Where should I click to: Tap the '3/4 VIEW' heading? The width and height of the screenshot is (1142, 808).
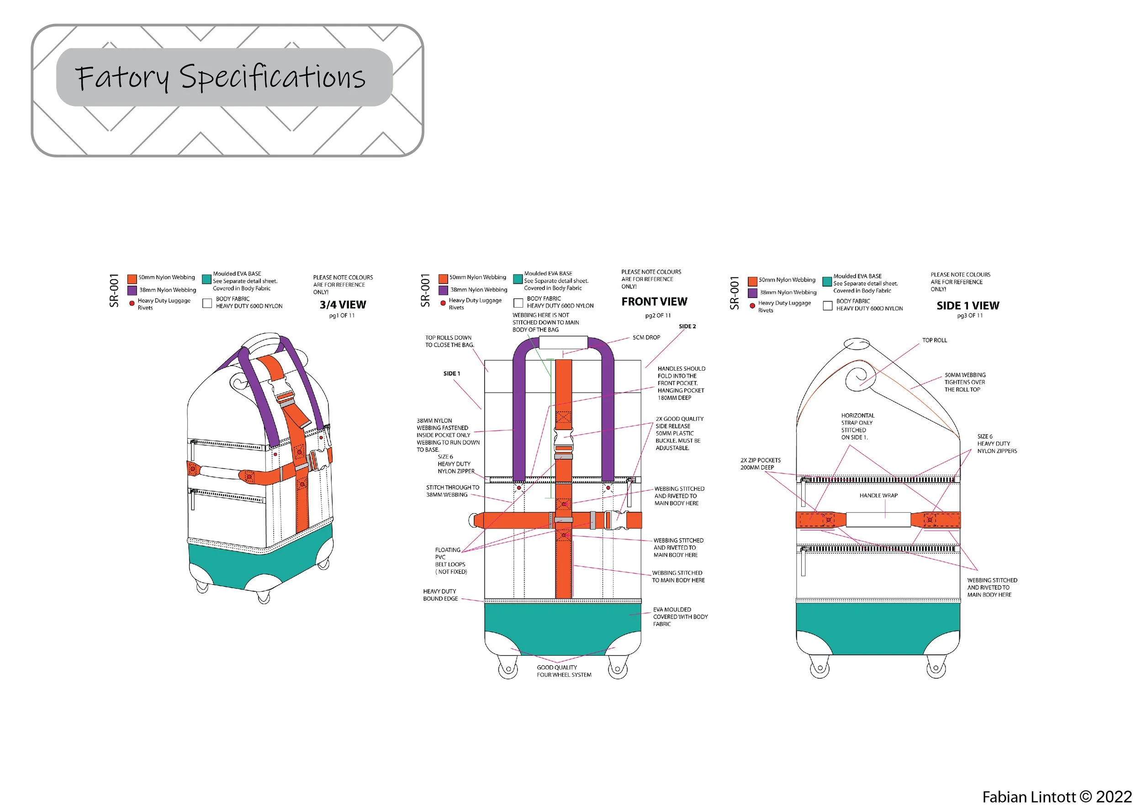point(343,304)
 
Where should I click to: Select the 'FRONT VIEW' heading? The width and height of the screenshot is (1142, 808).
point(654,302)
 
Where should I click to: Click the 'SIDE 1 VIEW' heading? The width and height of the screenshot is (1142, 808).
point(968,305)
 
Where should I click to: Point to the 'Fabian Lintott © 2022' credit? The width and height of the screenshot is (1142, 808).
point(1057,797)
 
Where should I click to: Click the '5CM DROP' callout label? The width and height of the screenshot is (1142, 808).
point(646,337)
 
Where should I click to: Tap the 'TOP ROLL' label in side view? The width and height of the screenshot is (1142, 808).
point(934,340)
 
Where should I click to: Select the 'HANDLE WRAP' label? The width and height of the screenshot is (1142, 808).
point(878,495)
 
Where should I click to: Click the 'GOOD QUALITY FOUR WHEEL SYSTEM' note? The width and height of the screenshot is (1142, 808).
point(564,671)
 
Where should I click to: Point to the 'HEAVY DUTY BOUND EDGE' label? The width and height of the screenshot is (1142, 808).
point(440,595)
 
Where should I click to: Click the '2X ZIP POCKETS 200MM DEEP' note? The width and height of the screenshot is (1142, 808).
point(760,464)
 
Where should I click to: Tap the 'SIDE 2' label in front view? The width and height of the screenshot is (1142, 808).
point(687,326)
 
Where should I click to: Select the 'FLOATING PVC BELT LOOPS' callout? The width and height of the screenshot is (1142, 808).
point(450,561)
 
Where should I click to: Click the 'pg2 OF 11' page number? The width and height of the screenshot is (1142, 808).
point(657,315)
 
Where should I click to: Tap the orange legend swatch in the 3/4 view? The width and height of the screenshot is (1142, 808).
point(132,279)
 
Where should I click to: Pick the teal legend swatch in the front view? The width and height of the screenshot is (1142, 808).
point(517,279)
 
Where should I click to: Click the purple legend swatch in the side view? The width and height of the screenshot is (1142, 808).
point(752,293)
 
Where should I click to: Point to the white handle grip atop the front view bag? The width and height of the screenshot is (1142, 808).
point(563,343)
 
